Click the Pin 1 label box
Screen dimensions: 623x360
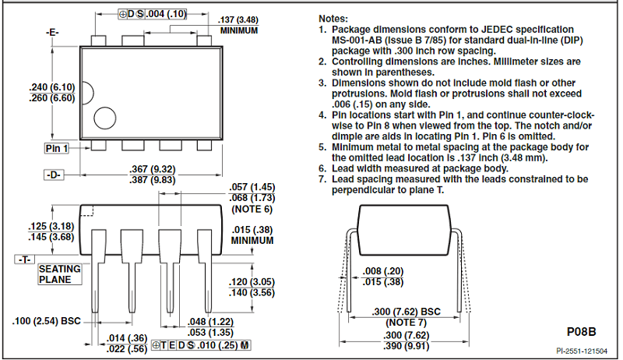56,148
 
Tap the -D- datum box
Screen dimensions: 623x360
54,175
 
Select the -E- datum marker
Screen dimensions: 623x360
52,32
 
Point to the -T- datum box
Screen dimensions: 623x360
25,259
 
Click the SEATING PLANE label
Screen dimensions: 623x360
60,274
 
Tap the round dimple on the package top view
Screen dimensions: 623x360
105,118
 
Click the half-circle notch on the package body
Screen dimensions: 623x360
88,94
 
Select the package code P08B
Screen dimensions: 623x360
581,332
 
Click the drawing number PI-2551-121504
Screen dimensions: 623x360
582,351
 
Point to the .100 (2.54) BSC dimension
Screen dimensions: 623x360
47,321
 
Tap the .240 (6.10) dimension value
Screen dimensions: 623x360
52,87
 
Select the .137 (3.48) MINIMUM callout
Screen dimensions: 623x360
238,25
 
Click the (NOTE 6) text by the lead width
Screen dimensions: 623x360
252,209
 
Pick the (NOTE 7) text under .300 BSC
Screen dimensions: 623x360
406,323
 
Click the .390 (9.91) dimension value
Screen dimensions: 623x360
407,346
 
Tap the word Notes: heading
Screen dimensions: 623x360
333,19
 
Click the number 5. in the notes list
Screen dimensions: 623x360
322,147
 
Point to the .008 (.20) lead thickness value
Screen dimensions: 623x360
383,271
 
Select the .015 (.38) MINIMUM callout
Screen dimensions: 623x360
252,235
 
